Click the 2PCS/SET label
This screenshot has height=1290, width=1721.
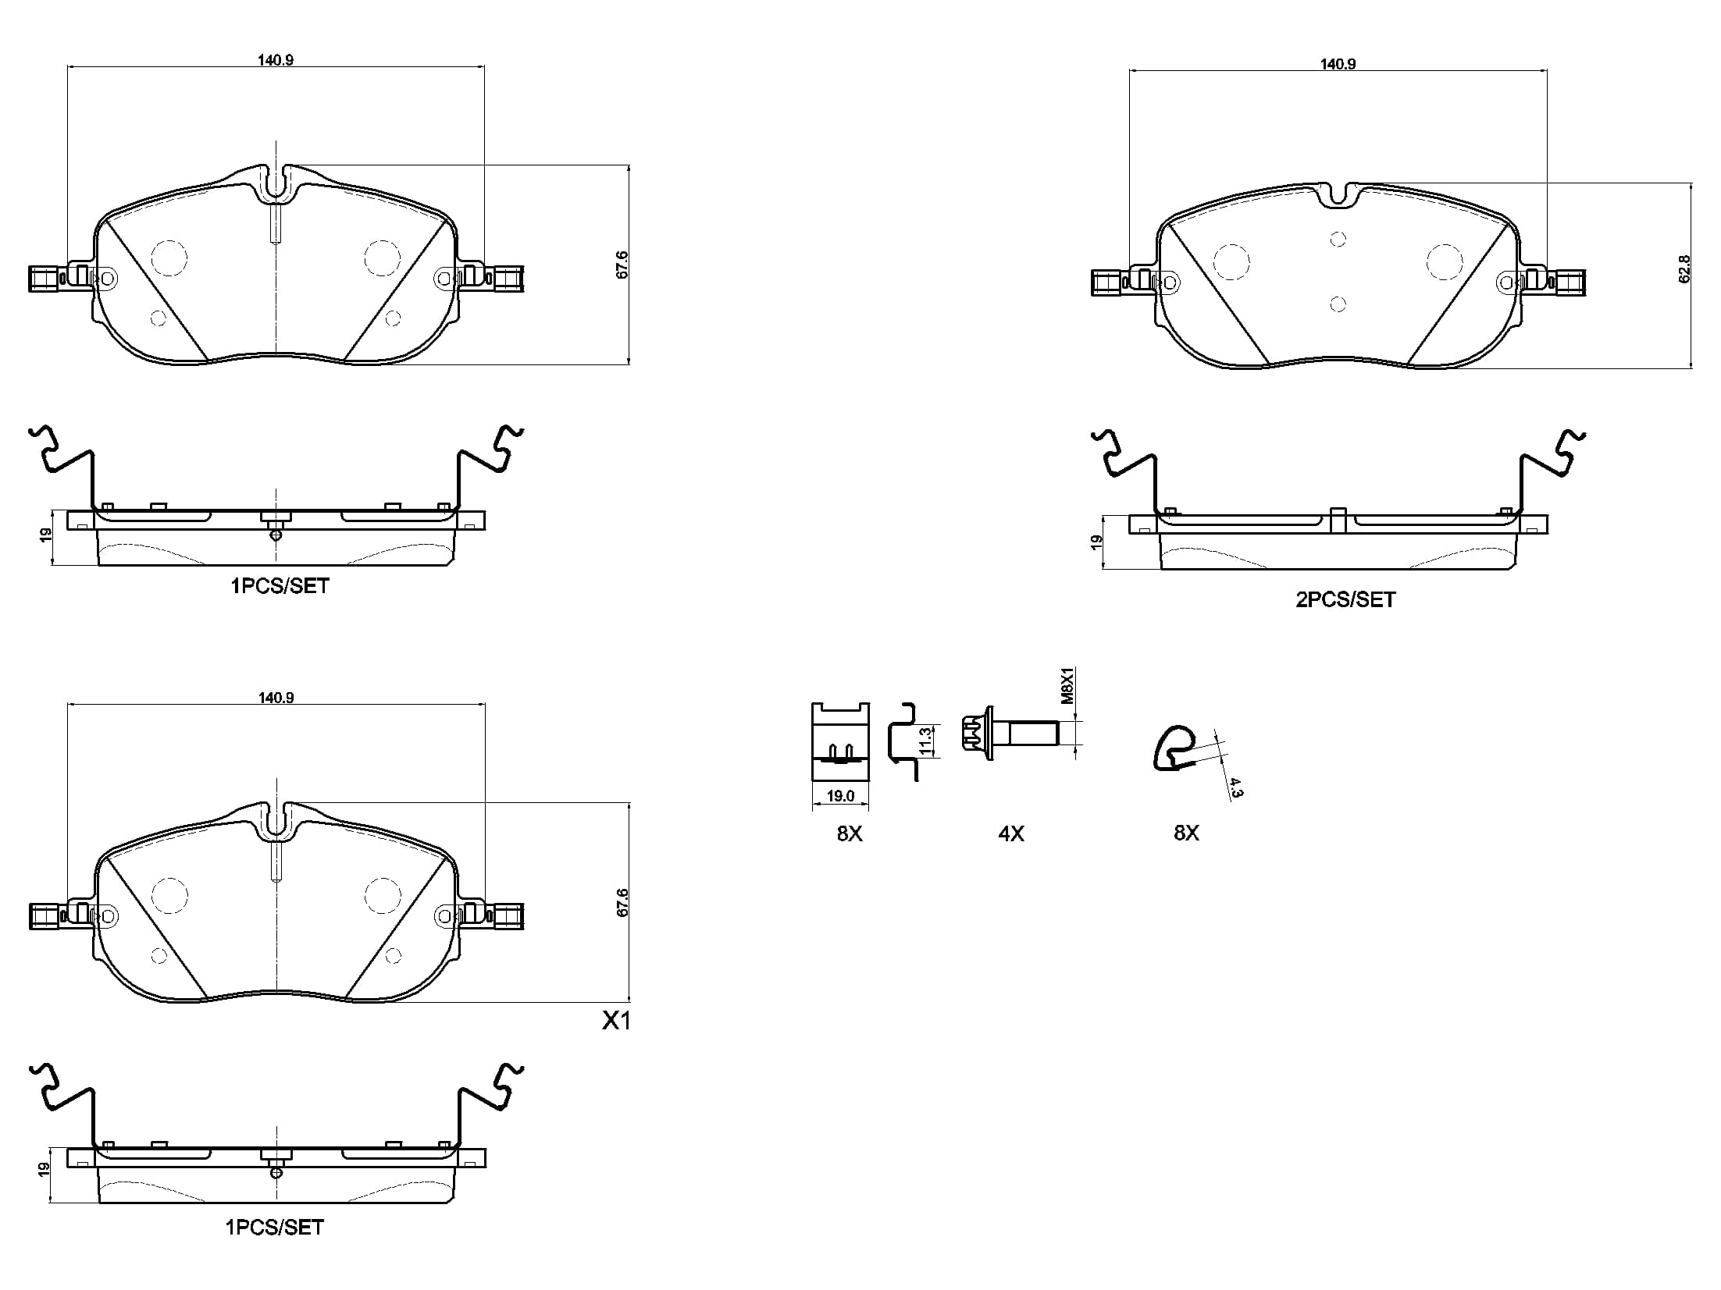[1345, 599]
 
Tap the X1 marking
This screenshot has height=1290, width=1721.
[616, 1021]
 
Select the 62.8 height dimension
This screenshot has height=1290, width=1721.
[1684, 268]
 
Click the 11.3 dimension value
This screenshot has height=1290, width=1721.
[925, 741]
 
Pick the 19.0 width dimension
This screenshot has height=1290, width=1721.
[840, 796]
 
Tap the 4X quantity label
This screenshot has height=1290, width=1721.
[1011, 833]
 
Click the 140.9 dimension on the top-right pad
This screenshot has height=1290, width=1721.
[1338, 64]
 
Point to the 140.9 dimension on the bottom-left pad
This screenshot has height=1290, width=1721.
[276, 698]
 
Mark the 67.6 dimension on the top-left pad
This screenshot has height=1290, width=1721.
[622, 265]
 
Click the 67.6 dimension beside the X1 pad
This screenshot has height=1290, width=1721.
[622, 902]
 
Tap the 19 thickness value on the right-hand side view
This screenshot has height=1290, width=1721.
[1096, 542]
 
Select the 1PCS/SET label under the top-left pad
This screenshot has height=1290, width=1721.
[280, 585]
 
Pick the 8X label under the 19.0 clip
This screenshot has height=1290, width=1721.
[850, 833]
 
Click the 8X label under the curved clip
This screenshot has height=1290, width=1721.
[1186, 833]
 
